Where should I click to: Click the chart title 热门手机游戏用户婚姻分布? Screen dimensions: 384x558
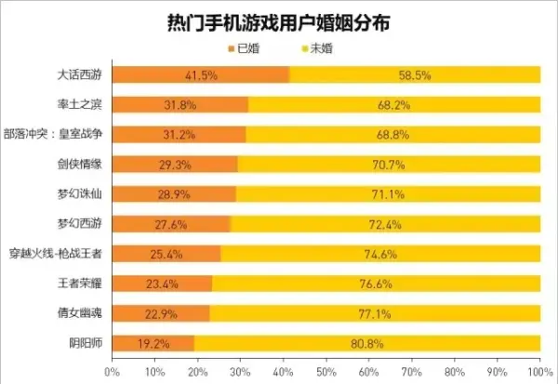coord(279,20)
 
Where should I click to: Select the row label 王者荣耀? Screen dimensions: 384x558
coord(84,283)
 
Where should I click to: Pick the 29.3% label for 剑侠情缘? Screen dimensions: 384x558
coord(175,164)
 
